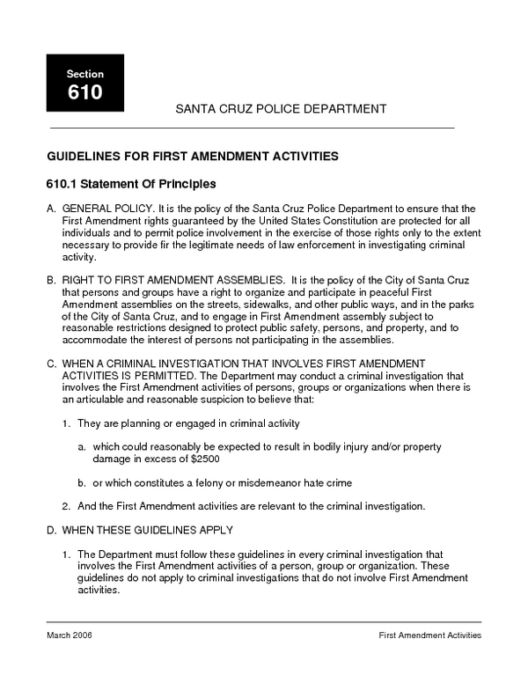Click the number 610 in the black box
click(x=84, y=92)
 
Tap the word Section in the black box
click(x=84, y=74)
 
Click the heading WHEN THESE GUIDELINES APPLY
click(x=147, y=530)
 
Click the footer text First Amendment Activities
click(x=429, y=635)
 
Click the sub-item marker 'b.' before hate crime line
click(x=81, y=483)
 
